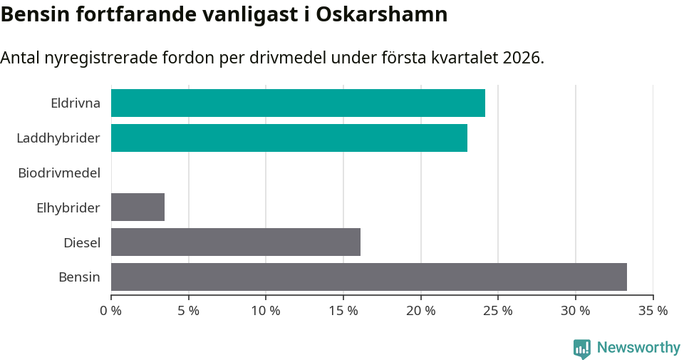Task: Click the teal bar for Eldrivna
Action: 298,103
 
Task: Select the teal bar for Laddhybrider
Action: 289,138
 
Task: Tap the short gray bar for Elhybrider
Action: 138,207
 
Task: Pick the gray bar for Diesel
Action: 236,242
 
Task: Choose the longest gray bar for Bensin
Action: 369,277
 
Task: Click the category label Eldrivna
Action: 76,103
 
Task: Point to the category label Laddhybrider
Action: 58,138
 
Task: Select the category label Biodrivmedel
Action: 59,173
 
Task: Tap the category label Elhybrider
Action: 68,208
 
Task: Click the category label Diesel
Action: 82,243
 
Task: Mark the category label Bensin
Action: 80,277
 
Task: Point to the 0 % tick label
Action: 111,311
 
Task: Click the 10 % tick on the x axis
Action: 266,311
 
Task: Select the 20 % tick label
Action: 421,311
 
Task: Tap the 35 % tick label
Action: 653,311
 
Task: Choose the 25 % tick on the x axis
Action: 498,311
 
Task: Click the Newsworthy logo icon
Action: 582,348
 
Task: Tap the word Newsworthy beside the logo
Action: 638,348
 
